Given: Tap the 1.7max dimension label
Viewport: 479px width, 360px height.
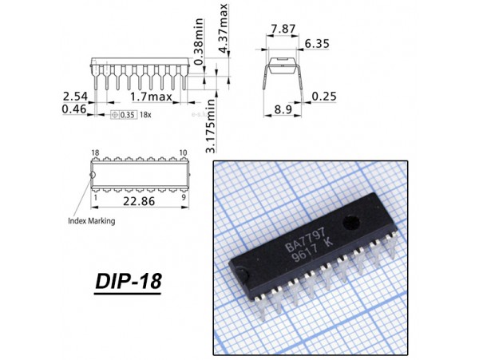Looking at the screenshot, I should point(151,97).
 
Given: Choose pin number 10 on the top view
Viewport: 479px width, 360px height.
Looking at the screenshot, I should point(184,152).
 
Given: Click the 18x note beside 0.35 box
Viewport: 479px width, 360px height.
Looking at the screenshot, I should point(145,115).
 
